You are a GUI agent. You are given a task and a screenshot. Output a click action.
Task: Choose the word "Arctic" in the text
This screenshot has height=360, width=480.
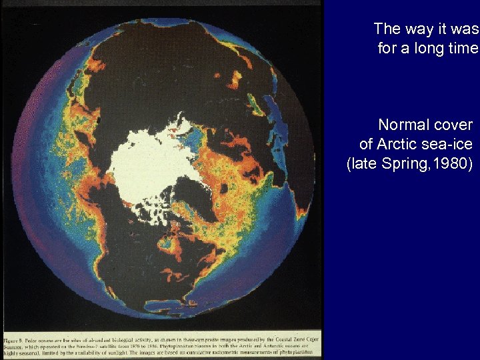click(x=400, y=144)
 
